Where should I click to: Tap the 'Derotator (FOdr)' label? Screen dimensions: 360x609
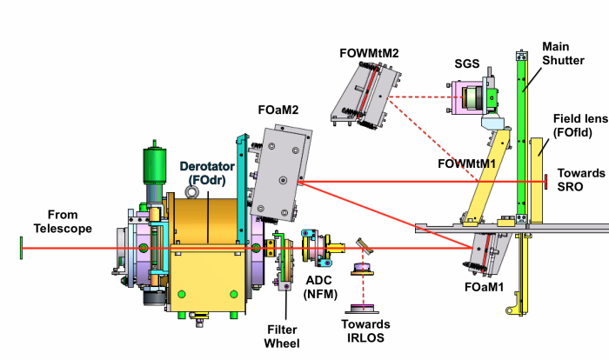point(206,174)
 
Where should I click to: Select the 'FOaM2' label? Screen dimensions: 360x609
point(278,111)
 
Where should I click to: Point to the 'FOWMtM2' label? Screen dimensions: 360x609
point(371,53)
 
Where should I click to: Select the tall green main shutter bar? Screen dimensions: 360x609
point(523,130)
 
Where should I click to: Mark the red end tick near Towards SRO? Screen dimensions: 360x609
point(545,182)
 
